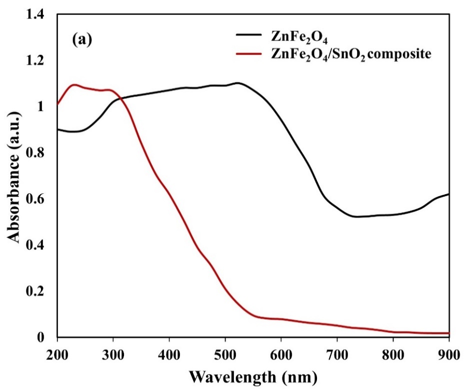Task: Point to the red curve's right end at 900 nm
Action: click(448, 333)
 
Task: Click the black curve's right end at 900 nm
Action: click(448, 194)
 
